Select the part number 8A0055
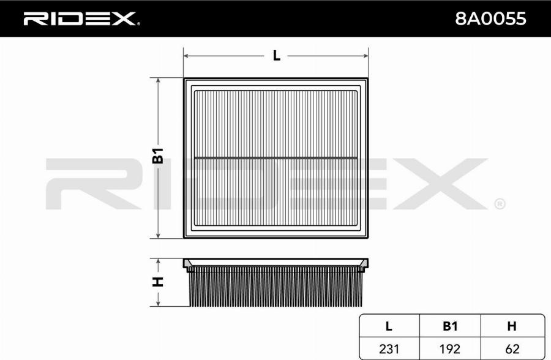click(490, 18)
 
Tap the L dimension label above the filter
click(277, 56)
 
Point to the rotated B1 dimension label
click(158, 156)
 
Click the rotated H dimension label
click(158, 282)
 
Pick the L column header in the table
click(389, 326)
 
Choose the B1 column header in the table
click(450, 326)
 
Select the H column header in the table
click(512, 326)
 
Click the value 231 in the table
click(389, 349)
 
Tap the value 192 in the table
click(450, 349)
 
